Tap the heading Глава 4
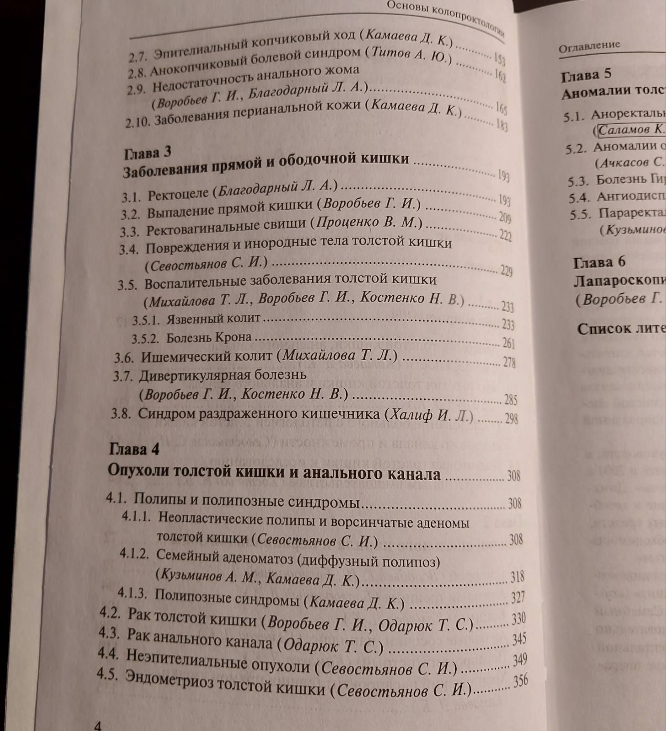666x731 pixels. pos(134,449)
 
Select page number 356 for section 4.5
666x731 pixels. pos(520,681)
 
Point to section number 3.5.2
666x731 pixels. pos(145,339)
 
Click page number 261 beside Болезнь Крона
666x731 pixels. pos(508,343)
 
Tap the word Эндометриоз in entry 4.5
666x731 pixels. pos(169,679)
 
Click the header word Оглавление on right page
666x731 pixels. pos(589,46)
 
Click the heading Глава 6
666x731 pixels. pos(599,262)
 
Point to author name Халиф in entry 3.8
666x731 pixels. pos(410,415)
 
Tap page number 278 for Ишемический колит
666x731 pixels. pos(509,362)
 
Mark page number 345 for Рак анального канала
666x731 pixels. pos(519,639)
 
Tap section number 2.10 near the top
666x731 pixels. pos(137,122)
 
